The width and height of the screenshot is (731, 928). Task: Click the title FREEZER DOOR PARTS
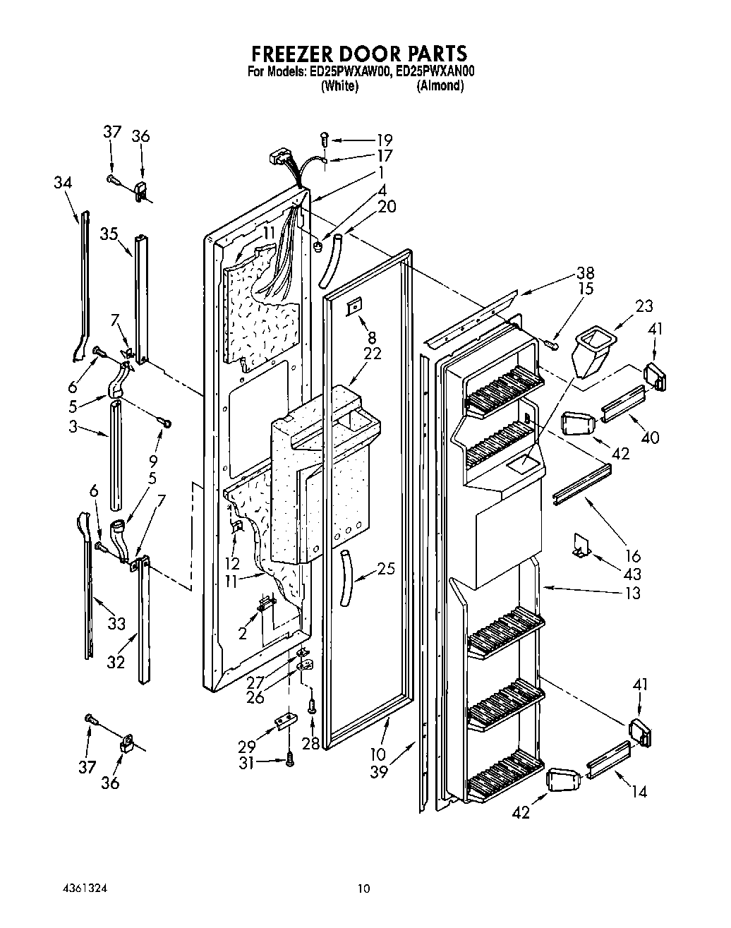359,54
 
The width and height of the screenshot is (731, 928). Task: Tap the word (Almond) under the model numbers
439,86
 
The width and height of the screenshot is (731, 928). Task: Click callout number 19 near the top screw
384,140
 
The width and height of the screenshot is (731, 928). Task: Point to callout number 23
643,306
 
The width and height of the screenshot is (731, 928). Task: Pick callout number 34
63,182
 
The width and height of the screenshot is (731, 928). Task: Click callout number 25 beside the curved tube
386,568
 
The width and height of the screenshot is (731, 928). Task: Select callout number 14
639,792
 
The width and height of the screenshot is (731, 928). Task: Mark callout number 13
633,593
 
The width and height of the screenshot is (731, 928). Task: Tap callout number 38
585,273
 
